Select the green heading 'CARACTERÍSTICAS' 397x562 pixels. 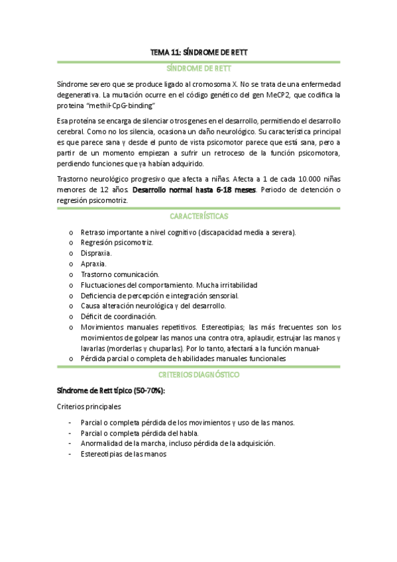(198, 217)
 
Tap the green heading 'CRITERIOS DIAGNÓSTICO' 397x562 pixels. (198, 374)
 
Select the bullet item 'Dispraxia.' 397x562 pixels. (96, 253)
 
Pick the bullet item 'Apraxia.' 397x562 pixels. (93, 263)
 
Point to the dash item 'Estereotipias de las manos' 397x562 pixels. (123, 454)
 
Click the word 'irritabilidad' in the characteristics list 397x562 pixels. (237, 284)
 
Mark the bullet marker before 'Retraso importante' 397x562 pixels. (71, 232)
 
